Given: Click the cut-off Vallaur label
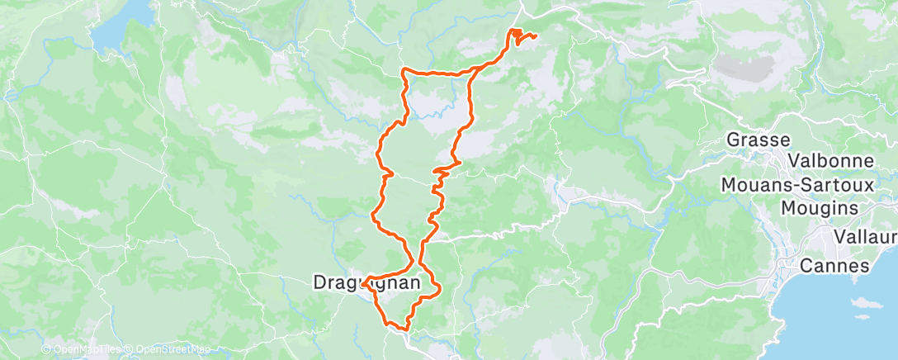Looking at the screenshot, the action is point(865,238).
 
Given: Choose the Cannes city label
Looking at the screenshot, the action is point(835,267).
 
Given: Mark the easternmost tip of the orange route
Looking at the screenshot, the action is point(536,36).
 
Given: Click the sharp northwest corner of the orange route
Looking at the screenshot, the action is point(403,71).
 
